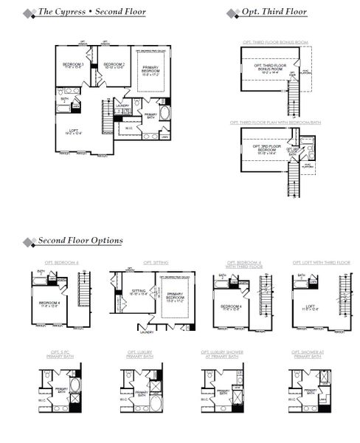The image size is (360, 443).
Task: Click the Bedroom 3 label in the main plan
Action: click(73, 66)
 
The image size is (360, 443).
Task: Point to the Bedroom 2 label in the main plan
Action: click(114, 66)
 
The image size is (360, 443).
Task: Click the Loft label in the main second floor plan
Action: click(67, 131)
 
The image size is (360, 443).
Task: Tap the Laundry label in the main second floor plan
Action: click(122, 106)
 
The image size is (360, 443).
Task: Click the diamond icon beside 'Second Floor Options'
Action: click(29, 241)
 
